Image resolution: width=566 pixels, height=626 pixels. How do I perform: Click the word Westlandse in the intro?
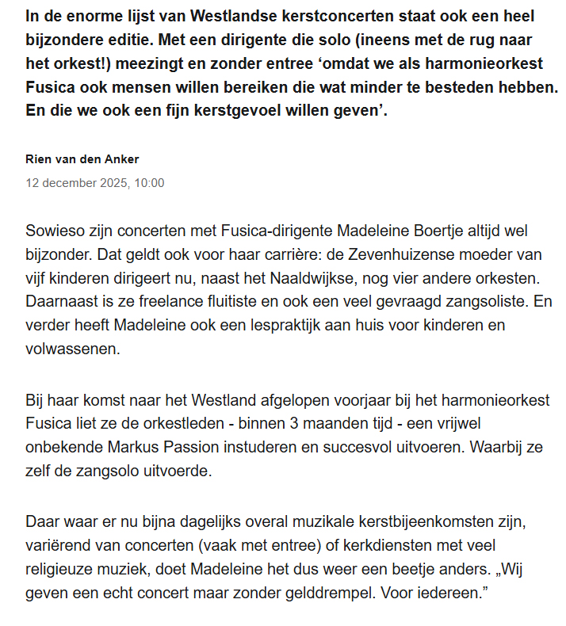(x=216, y=15)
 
